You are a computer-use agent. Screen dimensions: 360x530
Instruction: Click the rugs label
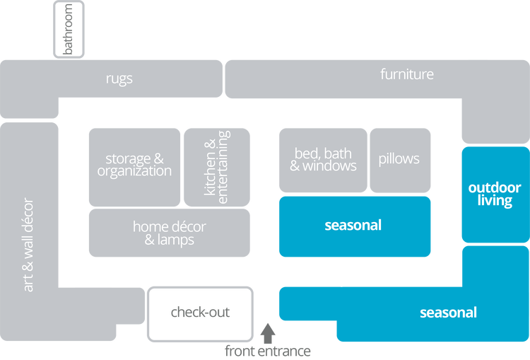(x=119, y=79)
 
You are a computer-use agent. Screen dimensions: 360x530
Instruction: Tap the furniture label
(x=407, y=74)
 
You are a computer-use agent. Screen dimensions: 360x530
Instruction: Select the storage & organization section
(x=134, y=165)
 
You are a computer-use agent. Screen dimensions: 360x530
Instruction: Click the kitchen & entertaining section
(x=216, y=166)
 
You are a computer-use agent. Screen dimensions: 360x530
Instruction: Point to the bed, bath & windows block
(x=322, y=160)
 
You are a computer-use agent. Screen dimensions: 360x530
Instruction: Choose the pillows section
(x=399, y=159)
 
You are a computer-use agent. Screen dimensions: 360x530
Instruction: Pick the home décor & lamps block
(x=169, y=233)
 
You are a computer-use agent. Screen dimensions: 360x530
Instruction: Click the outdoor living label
(x=495, y=194)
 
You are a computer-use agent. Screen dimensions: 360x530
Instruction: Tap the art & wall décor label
(x=28, y=245)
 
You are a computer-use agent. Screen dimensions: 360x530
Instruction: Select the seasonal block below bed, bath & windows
(x=353, y=226)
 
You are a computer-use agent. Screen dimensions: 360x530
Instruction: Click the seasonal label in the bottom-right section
(x=448, y=312)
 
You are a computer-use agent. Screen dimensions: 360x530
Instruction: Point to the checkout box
(x=200, y=312)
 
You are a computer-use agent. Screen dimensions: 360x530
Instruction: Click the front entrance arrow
(x=268, y=330)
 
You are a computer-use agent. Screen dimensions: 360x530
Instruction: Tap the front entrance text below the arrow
(x=268, y=349)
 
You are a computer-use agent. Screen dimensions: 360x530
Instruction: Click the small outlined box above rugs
(x=69, y=29)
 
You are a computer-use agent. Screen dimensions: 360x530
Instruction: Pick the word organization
(x=134, y=171)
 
